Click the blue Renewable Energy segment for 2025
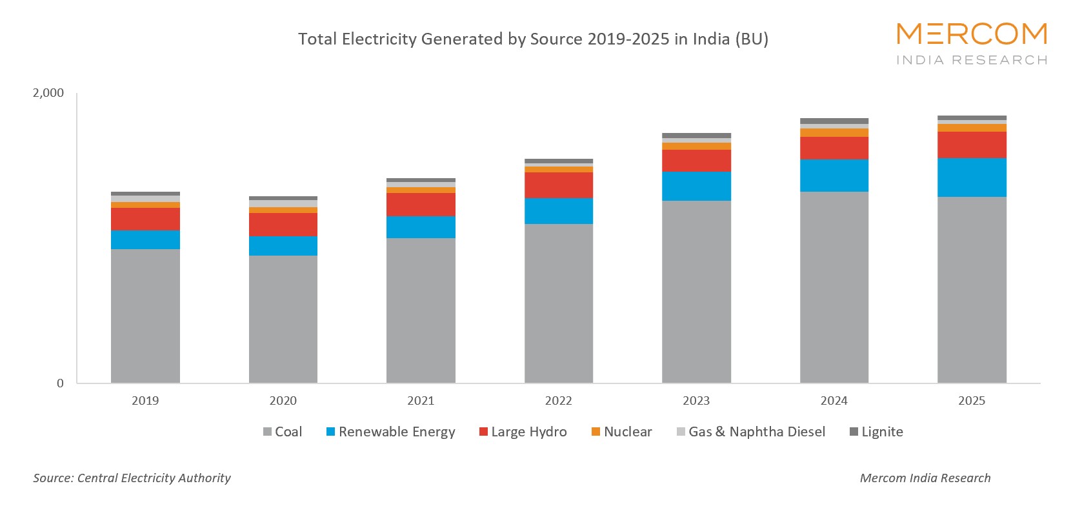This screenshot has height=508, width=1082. pyautogui.click(x=972, y=178)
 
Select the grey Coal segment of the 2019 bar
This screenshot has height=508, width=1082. pyautogui.click(x=145, y=316)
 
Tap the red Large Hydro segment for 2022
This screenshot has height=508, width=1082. pyautogui.click(x=559, y=185)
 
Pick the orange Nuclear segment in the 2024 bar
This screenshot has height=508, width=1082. pyautogui.click(x=834, y=132)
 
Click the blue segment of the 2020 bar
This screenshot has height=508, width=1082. pyautogui.click(x=283, y=246)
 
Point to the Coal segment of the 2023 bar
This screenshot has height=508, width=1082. pyautogui.click(x=696, y=292)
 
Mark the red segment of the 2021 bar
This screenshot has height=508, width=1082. pyautogui.click(x=421, y=205)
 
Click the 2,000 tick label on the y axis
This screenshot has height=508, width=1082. pyautogui.click(x=48, y=93)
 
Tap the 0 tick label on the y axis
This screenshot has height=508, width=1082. pyautogui.click(x=61, y=383)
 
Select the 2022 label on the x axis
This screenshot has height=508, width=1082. pyautogui.click(x=559, y=401)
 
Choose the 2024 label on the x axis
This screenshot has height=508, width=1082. pyautogui.click(x=834, y=401)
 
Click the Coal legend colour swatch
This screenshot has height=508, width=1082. pyautogui.click(x=267, y=432)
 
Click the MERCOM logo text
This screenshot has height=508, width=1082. pyautogui.click(x=971, y=34)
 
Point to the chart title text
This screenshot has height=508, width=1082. pyautogui.click(x=533, y=39)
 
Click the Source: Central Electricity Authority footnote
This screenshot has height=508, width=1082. pyautogui.click(x=132, y=478)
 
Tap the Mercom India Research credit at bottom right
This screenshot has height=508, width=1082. pyautogui.click(x=925, y=478)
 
